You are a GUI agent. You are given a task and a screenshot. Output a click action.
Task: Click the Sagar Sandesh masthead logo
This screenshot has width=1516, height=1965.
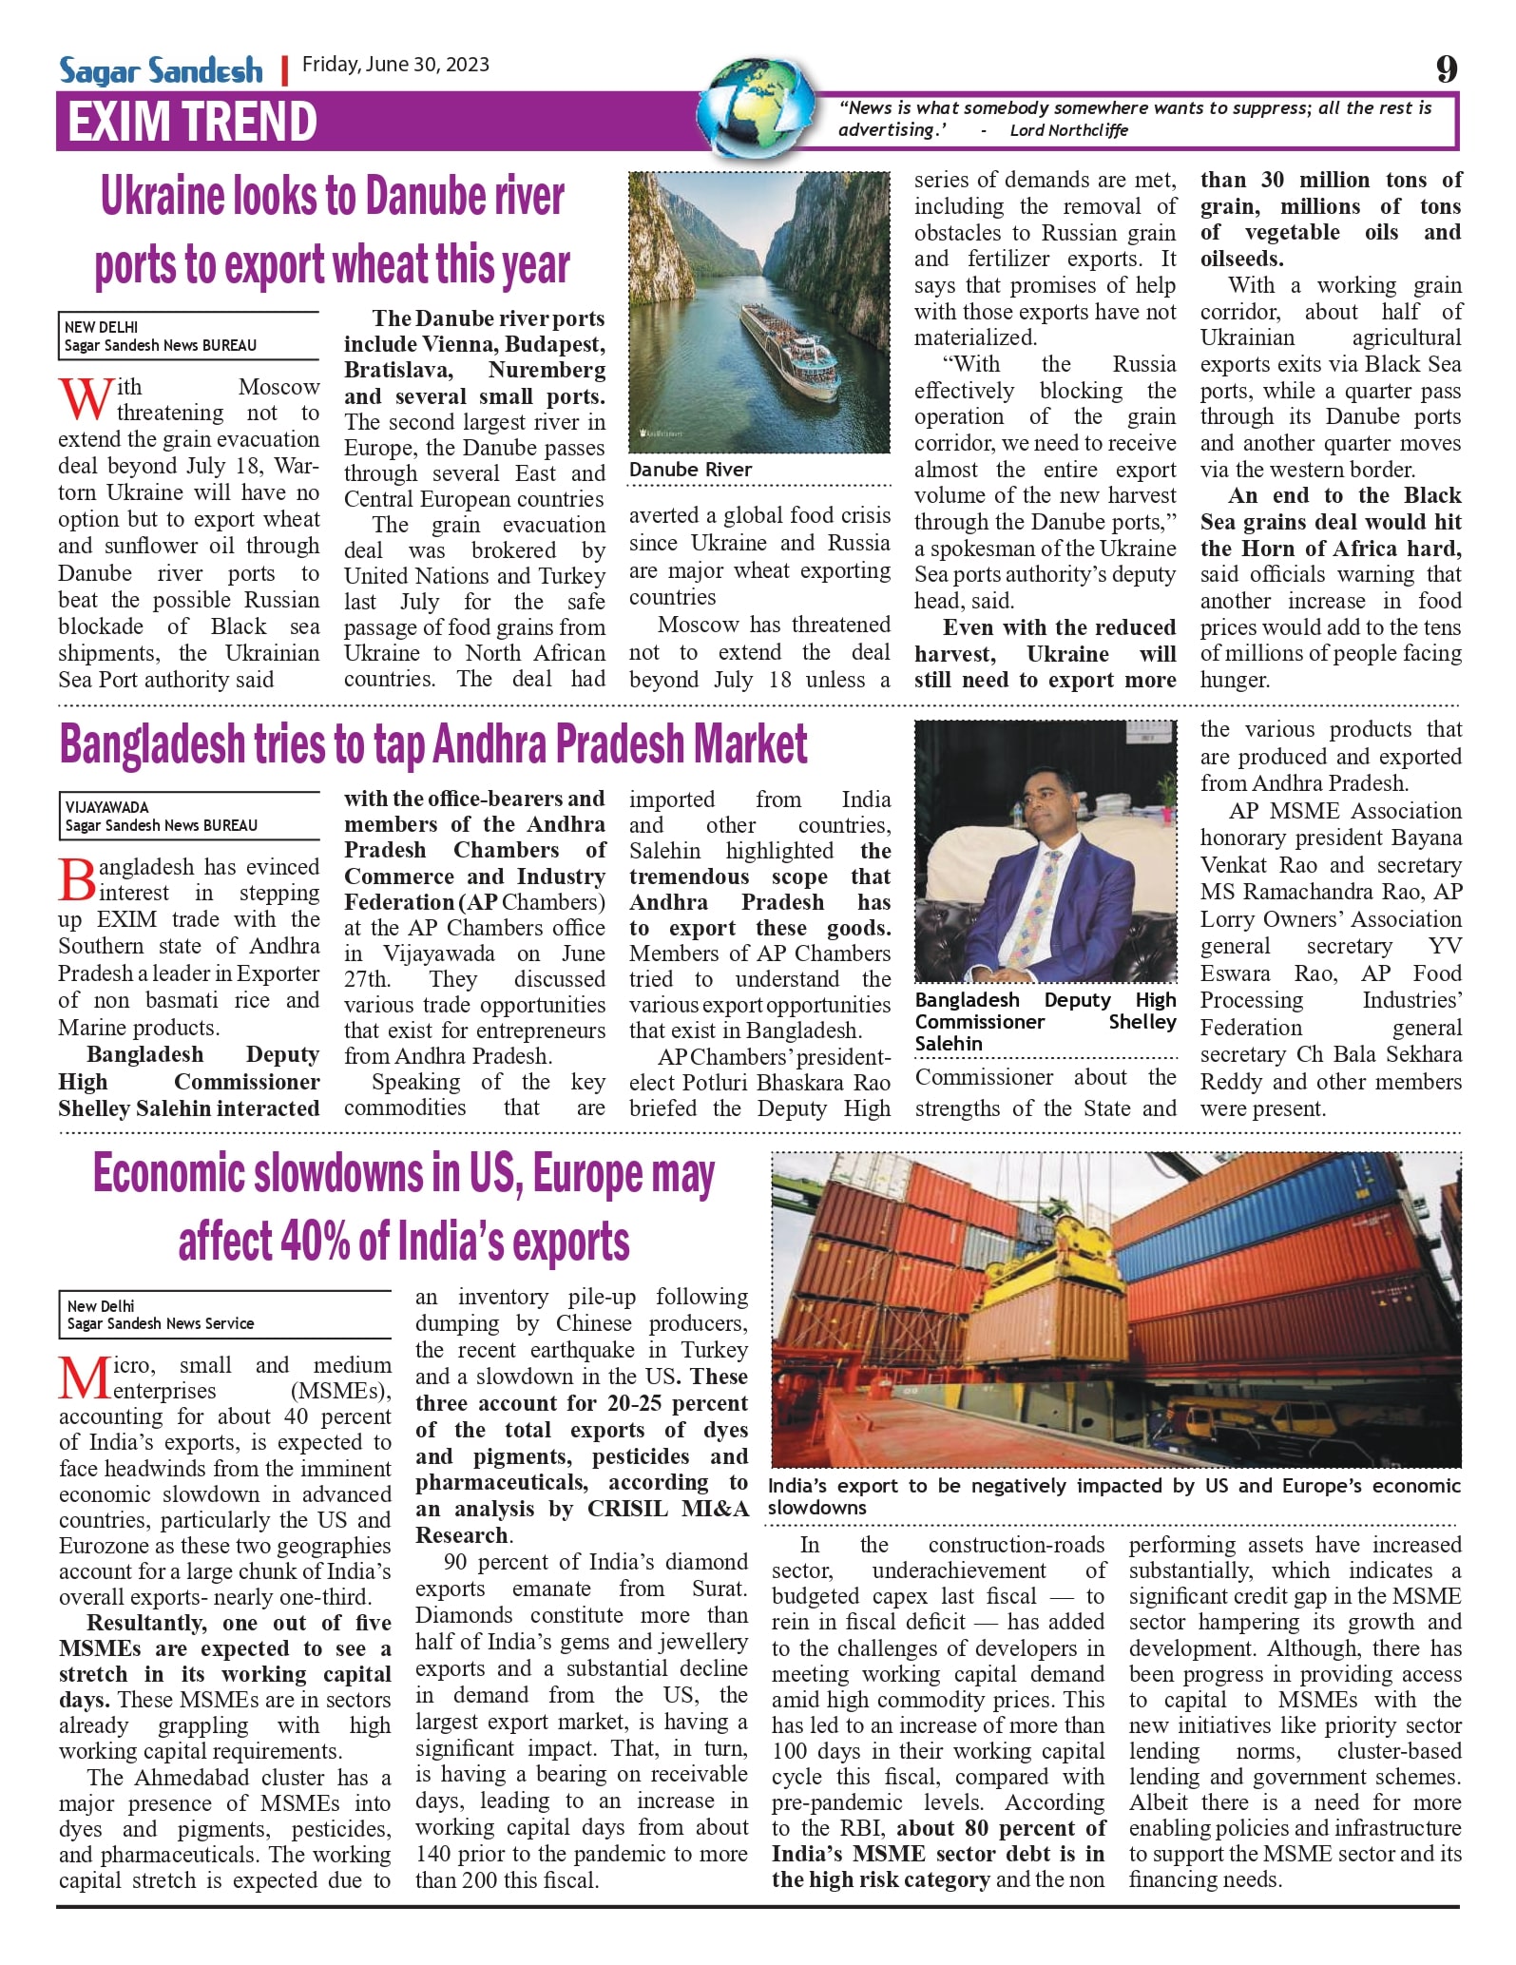tap(161, 69)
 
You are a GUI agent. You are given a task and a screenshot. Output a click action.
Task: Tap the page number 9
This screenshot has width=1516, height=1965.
tap(1446, 68)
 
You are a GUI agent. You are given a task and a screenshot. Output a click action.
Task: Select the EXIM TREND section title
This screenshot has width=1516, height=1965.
tap(193, 122)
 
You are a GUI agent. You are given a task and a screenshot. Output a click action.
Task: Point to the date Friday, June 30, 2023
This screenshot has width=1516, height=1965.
tap(395, 65)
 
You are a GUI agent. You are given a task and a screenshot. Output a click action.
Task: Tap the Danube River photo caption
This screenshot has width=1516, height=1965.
tap(690, 470)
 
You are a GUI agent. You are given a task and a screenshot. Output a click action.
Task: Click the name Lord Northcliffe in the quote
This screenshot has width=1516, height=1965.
tap(1068, 130)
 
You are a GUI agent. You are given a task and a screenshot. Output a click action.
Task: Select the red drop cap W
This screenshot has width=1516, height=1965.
tap(85, 397)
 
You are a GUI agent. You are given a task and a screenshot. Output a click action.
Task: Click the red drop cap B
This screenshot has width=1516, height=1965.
tap(77, 878)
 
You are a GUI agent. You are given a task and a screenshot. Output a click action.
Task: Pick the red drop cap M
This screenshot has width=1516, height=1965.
tap(84, 1377)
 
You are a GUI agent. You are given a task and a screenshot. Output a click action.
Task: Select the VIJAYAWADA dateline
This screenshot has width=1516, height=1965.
tap(106, 807)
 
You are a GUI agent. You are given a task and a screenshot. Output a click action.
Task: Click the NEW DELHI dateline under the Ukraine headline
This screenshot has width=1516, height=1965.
tap(101, 327)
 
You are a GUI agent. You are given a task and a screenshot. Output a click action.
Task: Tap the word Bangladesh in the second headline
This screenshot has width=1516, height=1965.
tap(152, 745)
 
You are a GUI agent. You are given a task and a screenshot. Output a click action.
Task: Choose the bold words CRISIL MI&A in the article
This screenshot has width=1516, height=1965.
tap(667, 1509)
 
